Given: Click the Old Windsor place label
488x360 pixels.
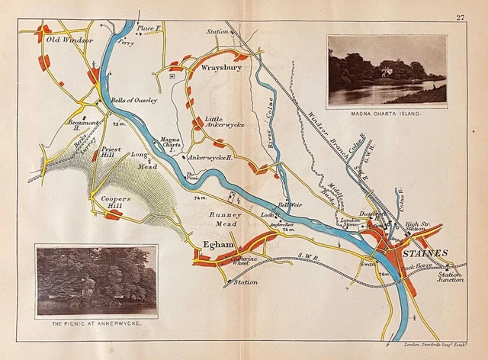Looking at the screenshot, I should [69, 39].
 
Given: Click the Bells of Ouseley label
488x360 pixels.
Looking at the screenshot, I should [134, 100].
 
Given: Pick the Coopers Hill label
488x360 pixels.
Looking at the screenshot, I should [116, 202].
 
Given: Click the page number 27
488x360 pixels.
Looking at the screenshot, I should [461, 17].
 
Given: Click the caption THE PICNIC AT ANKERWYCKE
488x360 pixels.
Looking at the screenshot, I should [96, 324].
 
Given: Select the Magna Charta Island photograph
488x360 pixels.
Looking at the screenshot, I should [387, 70].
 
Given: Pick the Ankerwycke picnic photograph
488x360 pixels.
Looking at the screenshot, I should [96, 280].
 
